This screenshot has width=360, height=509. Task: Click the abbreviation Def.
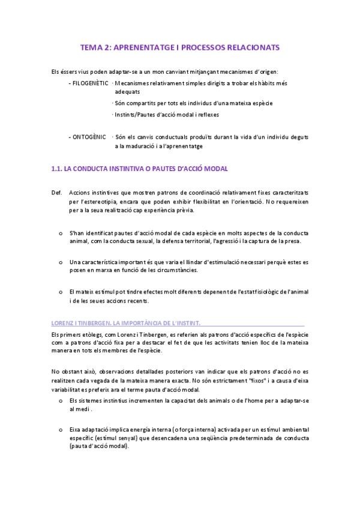point(57,192)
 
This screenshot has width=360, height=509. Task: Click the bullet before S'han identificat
point(60,232)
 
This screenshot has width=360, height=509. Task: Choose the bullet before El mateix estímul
point(60,291)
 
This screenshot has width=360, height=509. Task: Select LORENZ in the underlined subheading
point(63,322)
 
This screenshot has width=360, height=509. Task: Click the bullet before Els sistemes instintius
point(60,399)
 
